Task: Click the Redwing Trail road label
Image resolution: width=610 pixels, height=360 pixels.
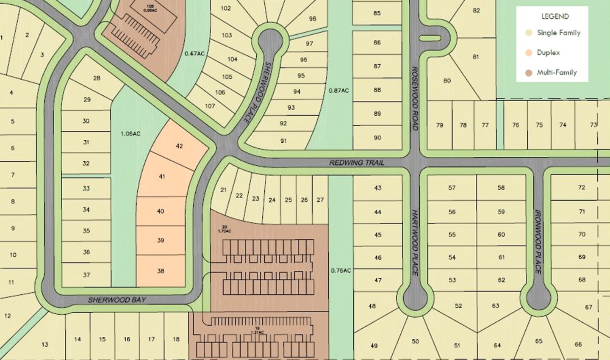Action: point(357,163)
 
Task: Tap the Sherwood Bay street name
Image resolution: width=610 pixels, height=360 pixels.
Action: point(117,300)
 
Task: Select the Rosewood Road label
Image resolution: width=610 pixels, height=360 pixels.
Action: point(415,98)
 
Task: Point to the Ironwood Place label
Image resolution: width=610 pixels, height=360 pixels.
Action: point(538,242)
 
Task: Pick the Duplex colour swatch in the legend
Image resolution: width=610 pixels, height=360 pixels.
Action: point(528,53)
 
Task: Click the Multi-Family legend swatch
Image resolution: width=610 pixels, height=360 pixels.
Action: point(528,73)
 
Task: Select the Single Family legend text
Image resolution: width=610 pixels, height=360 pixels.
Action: point(558,33)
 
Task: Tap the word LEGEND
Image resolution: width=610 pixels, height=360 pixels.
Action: point(555,17)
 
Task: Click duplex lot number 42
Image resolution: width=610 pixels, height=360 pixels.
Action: point(179,146)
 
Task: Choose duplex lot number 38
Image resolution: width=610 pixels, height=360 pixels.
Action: point(161,271)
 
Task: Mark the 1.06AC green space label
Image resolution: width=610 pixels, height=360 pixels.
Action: point(130,134)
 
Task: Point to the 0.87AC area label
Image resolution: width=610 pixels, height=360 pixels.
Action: point(339,91)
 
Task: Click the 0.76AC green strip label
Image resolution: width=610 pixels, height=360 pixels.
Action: point(341,271)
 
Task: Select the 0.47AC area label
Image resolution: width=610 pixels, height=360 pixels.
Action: point(194,54)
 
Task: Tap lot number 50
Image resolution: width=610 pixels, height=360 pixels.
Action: point(415,341)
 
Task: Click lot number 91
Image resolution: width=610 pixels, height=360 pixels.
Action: point(283,141)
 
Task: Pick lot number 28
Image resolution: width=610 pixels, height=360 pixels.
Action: point(97,78)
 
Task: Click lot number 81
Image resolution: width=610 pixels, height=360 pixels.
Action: point(476,57)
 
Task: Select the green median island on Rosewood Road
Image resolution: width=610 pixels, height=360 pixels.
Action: point(430,38)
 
